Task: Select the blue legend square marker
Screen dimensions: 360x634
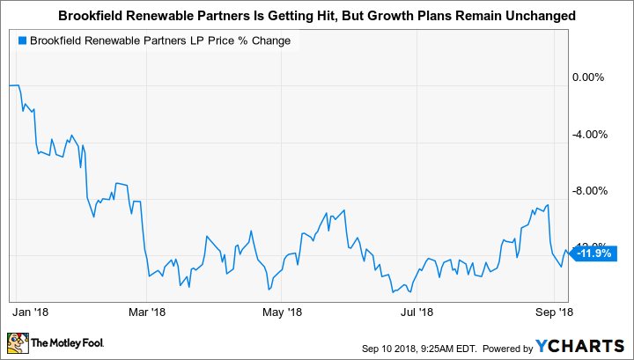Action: [x=20, y=40]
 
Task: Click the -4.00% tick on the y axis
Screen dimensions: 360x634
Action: [x=586, y=135]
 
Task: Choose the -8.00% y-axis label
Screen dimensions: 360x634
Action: [x=586, y=191]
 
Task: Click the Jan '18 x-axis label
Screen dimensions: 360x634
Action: [x=31, y=311]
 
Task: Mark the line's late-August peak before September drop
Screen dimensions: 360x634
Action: [x=548, y=205]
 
